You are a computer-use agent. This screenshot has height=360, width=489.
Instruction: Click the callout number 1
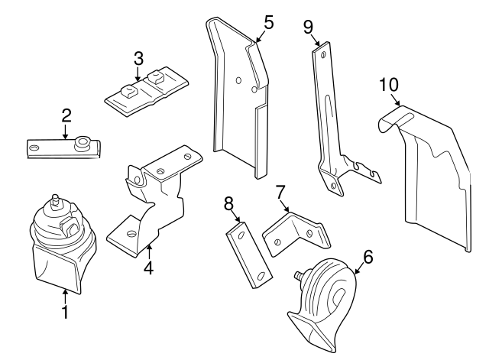65,312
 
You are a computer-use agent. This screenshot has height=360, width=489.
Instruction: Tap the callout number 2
66,115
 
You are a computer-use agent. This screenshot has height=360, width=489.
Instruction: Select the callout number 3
138,58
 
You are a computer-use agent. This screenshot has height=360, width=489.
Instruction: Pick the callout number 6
368,257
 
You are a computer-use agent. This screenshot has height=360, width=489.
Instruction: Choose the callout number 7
280,191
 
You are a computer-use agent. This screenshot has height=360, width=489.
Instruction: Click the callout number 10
388,83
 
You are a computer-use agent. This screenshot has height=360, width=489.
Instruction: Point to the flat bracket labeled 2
65,148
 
